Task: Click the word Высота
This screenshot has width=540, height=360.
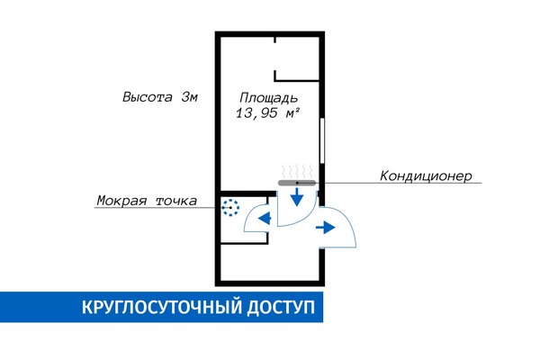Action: [148, 97]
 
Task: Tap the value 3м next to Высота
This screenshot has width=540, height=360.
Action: [190, 97]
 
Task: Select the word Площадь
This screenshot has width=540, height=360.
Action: [269, 98]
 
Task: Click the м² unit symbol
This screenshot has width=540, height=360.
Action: [292, 113]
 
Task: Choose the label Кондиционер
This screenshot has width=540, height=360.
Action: [426, 176]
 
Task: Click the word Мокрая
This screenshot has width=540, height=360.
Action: [121, 201]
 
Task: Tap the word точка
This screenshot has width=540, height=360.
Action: [176, 201]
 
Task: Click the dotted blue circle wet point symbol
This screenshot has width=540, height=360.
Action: [230, 208]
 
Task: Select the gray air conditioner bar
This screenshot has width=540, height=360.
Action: [297, 183]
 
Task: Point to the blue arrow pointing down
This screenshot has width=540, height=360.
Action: [296, 197]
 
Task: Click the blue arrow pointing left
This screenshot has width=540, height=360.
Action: [265, 218]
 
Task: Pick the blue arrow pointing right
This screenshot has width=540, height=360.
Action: [326, 228]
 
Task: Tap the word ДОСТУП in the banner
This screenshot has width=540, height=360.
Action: [280, 308]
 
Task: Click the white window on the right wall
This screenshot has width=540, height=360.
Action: [322, 140]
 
